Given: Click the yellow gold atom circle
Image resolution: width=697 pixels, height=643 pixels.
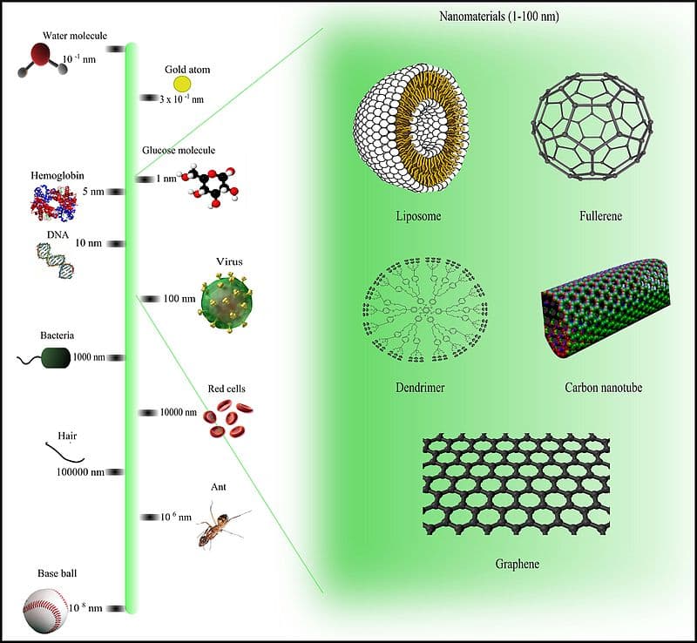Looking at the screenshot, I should click(x=182, y=84).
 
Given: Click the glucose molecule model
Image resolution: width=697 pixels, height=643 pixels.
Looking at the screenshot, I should click(x=212, y=182).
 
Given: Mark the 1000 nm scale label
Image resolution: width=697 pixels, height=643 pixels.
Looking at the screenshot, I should click(x=88, y=357).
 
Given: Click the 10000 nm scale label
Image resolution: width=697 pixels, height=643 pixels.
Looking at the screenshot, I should click(x=179, y=412).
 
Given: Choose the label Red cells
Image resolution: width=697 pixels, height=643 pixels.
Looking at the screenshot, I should click(x=227, y=388).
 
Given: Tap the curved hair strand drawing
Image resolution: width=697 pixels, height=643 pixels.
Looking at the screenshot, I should click(x=65, y=452).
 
